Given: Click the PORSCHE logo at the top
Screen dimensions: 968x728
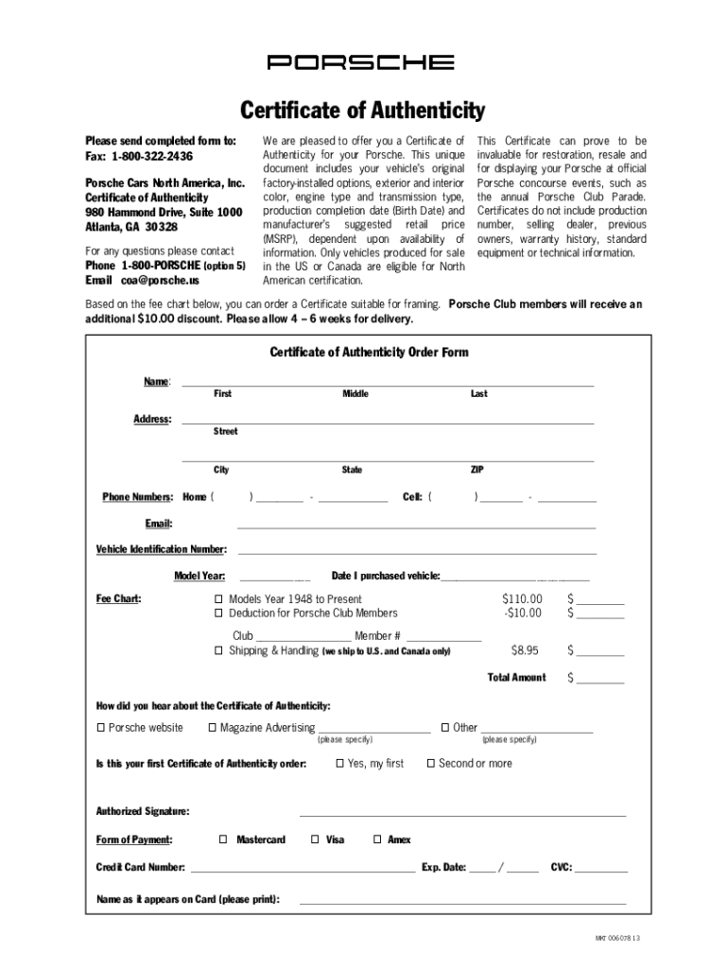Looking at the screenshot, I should click(361, 62).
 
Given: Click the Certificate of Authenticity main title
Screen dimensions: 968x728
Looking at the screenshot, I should click(363, 112).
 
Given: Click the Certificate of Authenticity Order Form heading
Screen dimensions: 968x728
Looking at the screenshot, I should click(369, 353).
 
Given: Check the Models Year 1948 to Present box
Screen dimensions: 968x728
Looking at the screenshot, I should click(218, 599).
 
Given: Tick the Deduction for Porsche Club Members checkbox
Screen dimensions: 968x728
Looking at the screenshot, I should click(218, 614).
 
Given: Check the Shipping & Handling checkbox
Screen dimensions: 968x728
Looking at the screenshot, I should click(218, 651).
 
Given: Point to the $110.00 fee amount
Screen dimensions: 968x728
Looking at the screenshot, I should click(522, 599).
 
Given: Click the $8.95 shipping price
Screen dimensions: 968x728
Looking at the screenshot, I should click(525, 650).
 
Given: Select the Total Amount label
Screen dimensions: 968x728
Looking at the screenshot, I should click(516, 678).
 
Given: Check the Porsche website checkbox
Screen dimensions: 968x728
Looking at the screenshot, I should click(101, 728).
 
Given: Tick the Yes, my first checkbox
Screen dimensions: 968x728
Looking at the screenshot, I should click(340, 764).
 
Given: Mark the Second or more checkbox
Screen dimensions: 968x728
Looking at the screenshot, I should click(431, 764).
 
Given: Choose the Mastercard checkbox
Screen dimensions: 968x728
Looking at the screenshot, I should click(223, 839).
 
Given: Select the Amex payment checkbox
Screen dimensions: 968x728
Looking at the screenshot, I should click(377, 839).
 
